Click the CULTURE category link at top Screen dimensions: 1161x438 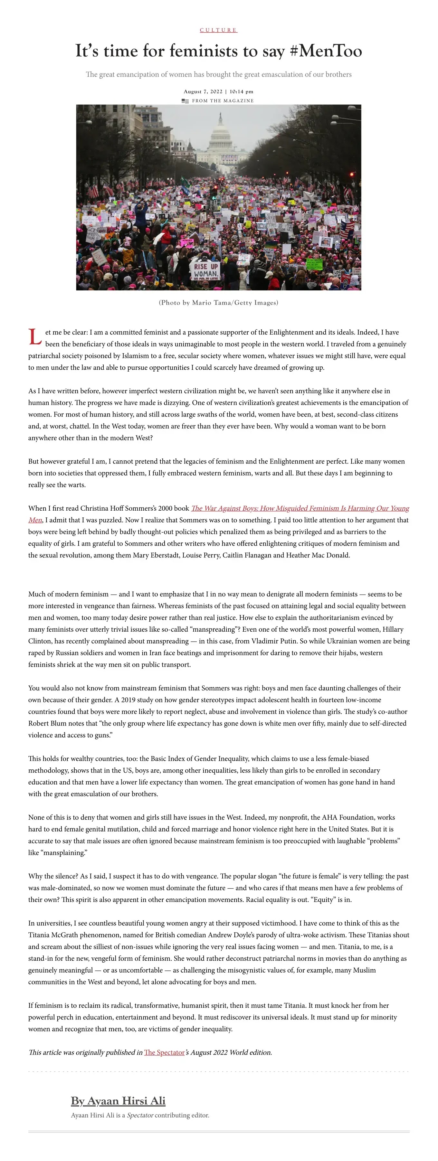coord(218,30)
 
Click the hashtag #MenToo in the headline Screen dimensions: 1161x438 coord(326,51)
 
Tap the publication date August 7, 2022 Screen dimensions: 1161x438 coord(203,92)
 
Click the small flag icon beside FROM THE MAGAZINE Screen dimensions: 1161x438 coord(185,101)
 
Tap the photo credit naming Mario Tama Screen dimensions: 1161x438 coord(218,302)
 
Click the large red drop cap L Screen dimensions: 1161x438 coord(35,337)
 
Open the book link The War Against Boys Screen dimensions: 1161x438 coord(300,508)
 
